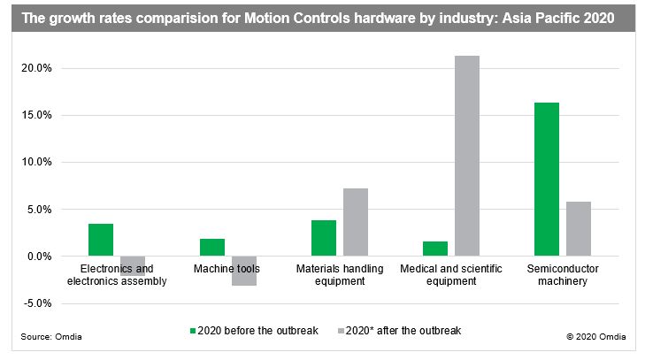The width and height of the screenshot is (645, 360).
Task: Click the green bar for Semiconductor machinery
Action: (546, 180)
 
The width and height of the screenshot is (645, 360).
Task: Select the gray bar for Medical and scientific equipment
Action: (467, 156)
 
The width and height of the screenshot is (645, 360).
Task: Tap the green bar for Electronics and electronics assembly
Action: (101, 240)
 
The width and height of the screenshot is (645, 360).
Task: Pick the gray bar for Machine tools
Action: (244, 271)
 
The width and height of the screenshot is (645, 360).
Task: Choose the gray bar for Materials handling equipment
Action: (356, 222)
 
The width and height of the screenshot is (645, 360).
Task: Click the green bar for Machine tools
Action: (212, 248)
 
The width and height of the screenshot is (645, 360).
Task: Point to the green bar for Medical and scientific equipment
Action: (435, 249)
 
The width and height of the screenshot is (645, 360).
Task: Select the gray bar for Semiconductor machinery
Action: (579, 229)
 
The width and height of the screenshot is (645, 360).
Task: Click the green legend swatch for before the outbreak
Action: (193, 331)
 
